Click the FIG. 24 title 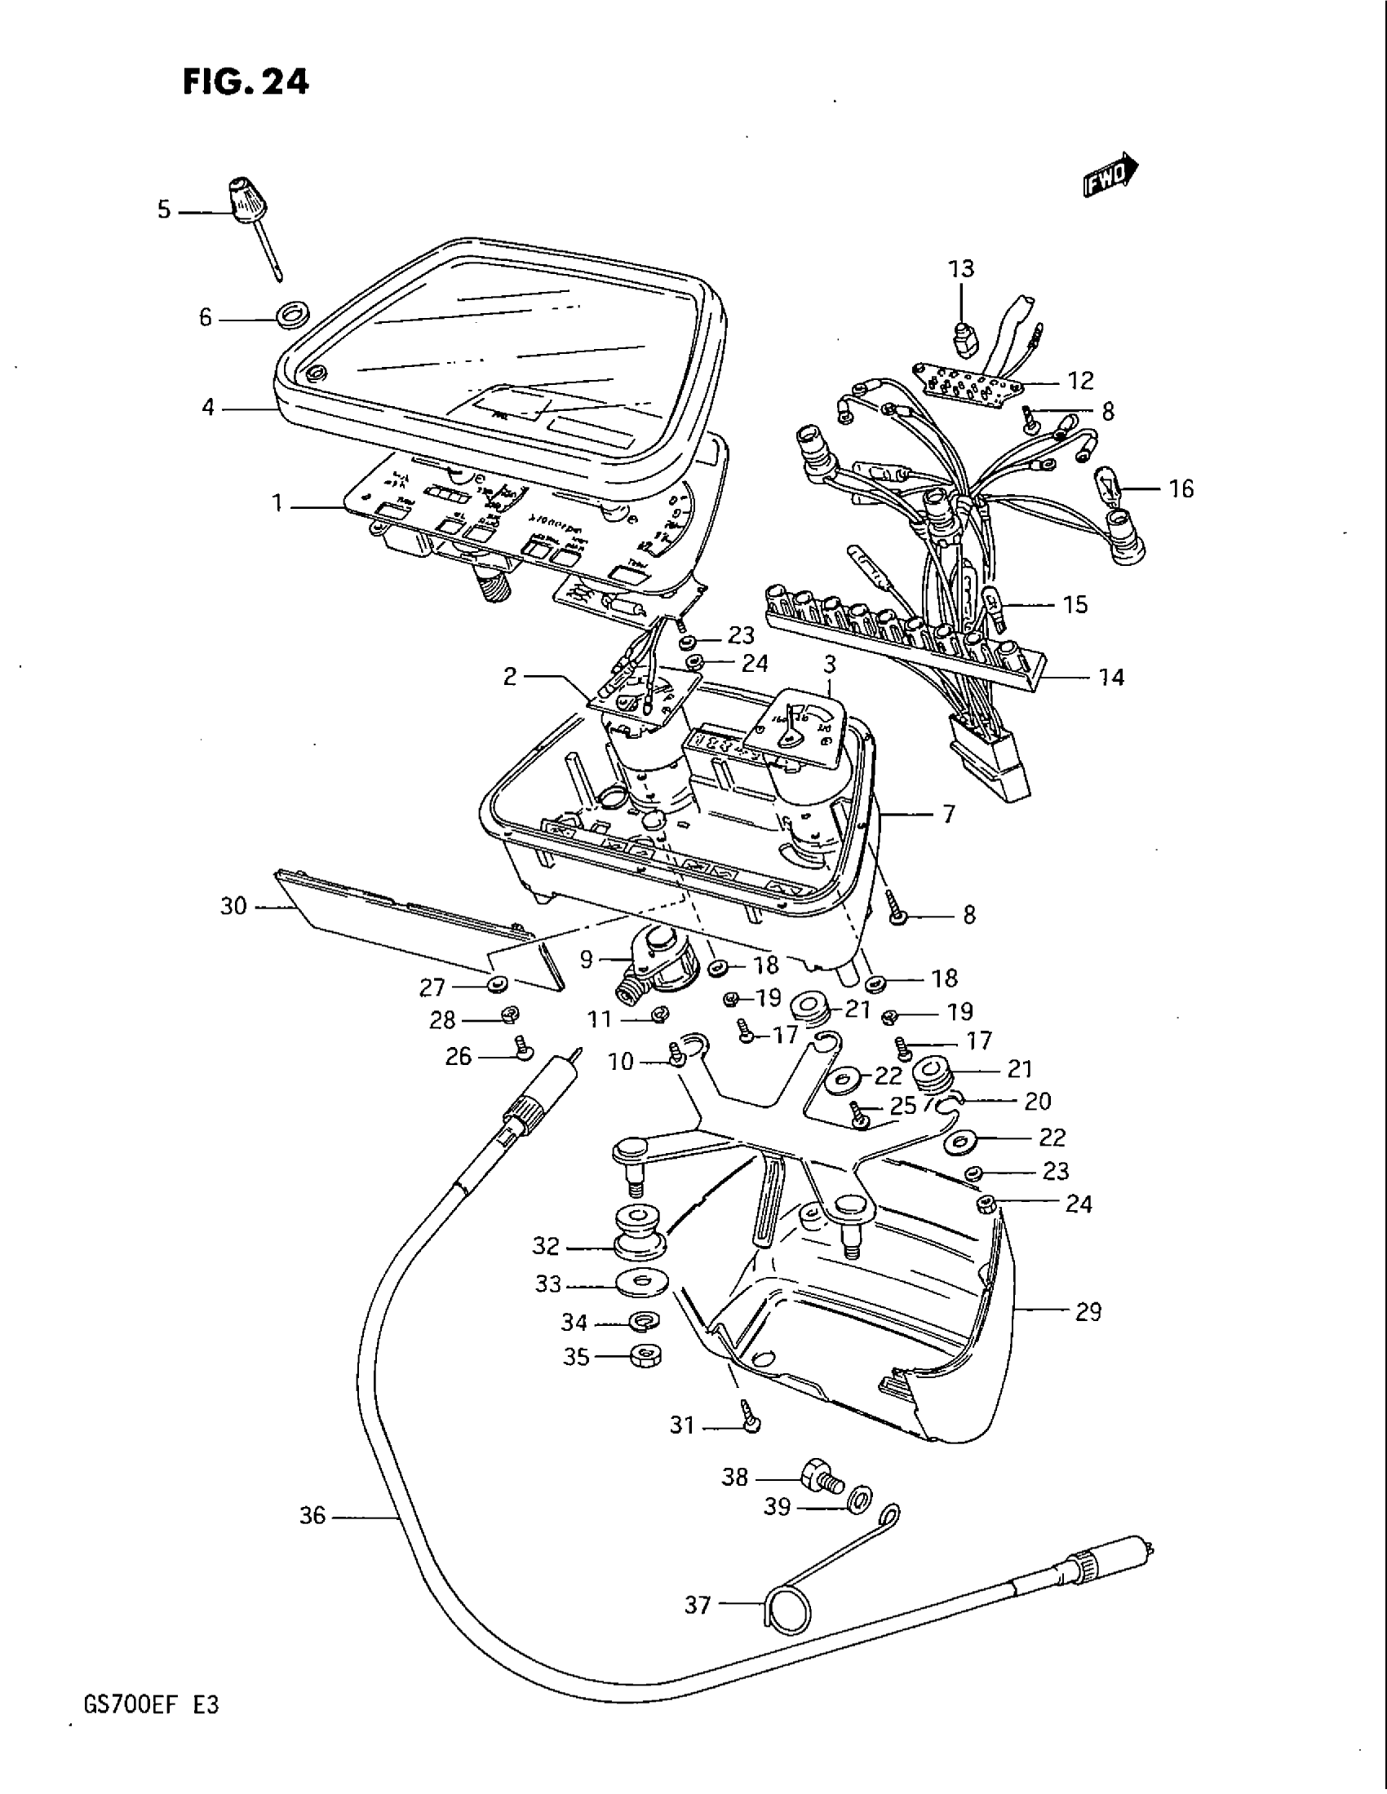246,82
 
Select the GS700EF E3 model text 150,1705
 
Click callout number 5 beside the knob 164,210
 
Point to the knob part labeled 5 243,201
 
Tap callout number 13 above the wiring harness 960,268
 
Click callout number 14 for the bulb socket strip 1111,677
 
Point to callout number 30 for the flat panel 233,906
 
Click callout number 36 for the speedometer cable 312,1516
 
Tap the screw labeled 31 751,1422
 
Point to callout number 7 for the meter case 949,815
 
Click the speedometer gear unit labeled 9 662,961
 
